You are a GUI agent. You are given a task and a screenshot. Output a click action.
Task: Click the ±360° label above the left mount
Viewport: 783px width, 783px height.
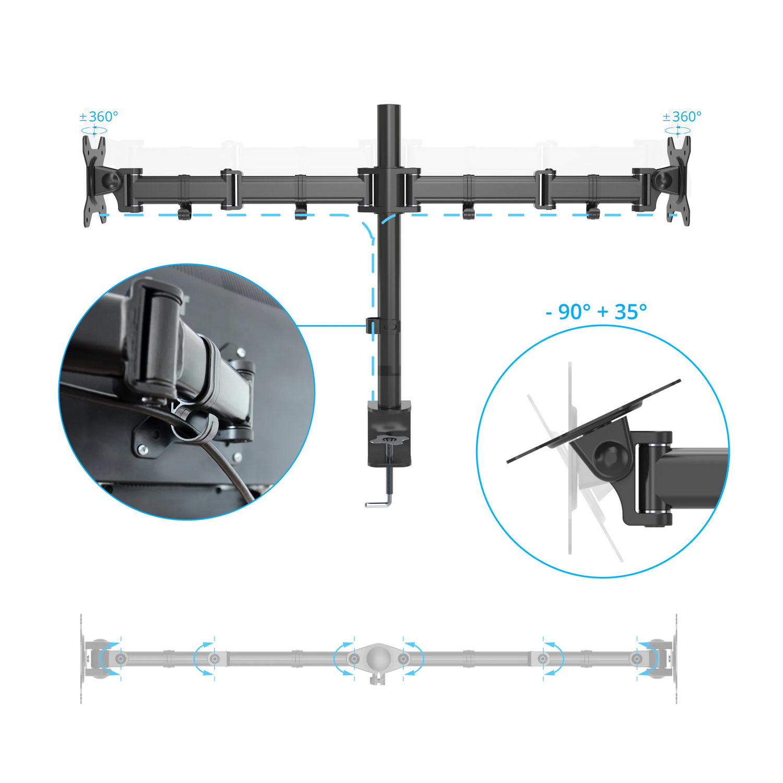coord(99,116)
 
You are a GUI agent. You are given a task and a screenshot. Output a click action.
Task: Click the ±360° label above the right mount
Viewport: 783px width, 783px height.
coord(682,116)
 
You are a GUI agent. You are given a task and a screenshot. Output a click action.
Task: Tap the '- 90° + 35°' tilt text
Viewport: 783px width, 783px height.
coord(596,312)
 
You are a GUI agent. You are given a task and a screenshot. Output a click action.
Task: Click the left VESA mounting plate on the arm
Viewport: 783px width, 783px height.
coord(95,181)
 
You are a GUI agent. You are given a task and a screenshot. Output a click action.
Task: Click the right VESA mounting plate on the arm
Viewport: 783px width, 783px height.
coord(678,181)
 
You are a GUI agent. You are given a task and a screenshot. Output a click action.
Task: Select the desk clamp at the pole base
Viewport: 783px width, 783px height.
coord(389,433)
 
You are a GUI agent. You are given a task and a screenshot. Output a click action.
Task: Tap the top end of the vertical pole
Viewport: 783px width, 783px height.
coord(389,106)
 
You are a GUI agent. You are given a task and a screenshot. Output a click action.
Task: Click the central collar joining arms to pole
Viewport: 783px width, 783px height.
coord(389,189)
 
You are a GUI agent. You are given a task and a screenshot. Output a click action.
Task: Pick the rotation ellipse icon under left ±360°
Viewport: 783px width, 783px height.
coord(94,130)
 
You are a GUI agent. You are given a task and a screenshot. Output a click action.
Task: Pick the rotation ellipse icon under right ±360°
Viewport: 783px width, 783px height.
coord(678,130)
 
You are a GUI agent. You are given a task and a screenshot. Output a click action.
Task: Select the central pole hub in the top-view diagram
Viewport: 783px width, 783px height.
coord(378,659)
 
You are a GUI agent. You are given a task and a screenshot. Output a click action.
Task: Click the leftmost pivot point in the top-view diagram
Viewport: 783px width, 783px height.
coord(121,659)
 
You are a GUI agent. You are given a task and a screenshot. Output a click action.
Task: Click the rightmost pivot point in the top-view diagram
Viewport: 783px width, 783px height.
coord(637,659)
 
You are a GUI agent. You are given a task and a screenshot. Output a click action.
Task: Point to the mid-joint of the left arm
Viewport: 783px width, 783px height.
coord(231,189)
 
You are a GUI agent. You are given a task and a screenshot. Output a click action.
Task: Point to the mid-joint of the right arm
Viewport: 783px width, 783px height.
coord(545,189)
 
